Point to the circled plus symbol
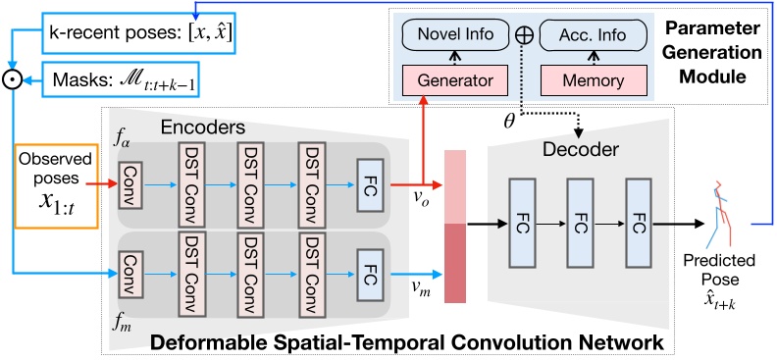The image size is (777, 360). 524,36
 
